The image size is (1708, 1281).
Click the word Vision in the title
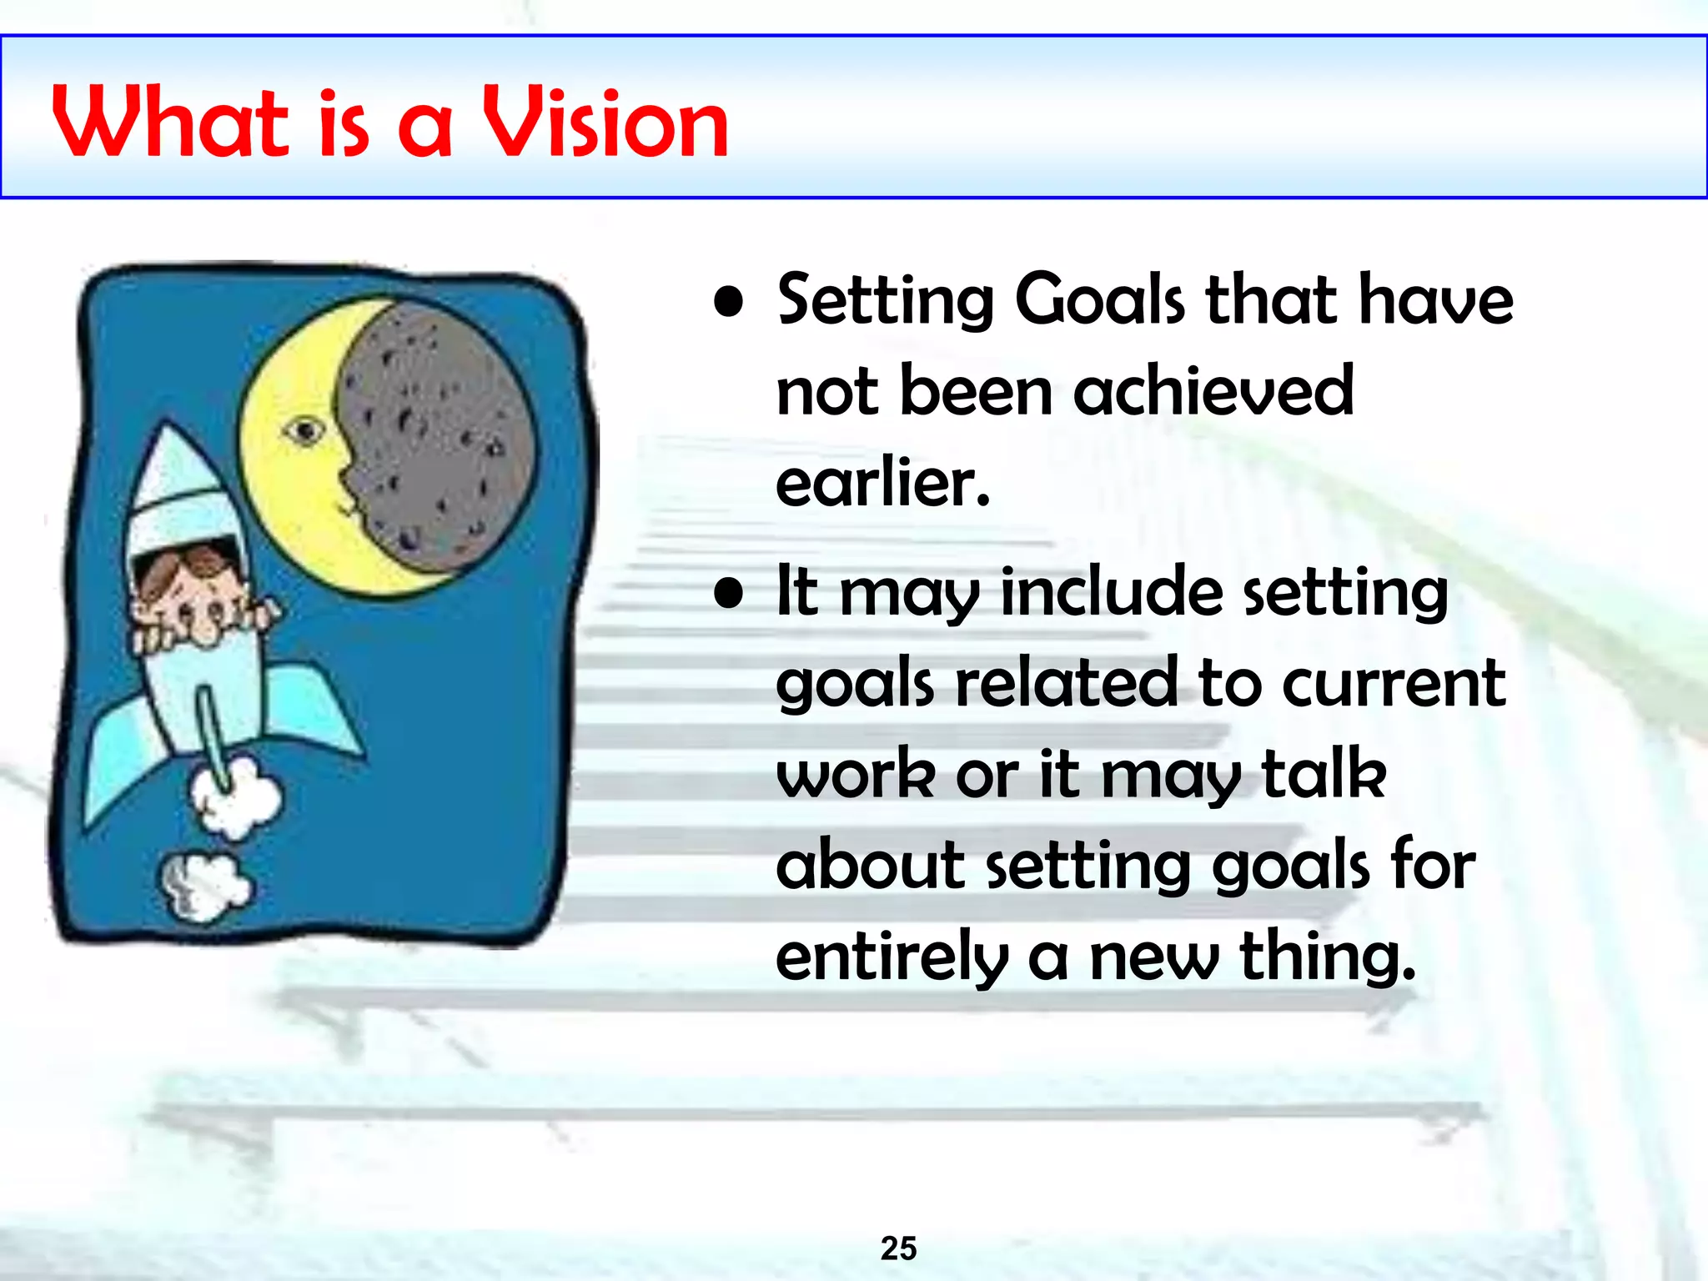(x=606, y=123)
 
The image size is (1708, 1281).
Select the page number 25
(x=898, y=1248)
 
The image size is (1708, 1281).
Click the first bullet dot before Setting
(x=729, y=304)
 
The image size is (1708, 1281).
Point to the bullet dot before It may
(x=729, y=594)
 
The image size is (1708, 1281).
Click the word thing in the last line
(x=1326, y=957)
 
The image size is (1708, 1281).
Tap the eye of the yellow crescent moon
(x=305, y=430)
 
